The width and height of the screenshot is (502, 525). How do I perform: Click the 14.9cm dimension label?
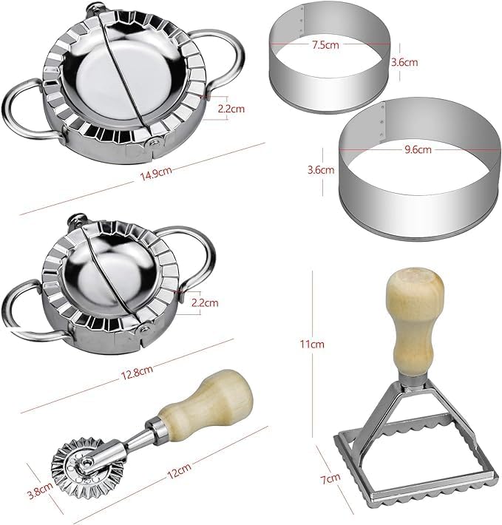pyautogui.click(x=156, y=174)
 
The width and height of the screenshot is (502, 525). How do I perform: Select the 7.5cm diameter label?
pyautogui.click(x=325, y=44)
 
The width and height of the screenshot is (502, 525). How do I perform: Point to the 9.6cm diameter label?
pyautogui.click(x=418, y=149)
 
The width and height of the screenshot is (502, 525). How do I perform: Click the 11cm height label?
pyautogui.click(x=312, y=344)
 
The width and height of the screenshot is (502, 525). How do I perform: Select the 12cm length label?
pyautogui.click(x=179, y=471)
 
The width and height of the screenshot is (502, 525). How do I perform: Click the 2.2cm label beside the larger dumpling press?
pyautogui.click(x=231, y=109)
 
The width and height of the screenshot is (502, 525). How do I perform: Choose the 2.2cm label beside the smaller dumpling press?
pyautogui.click(x=205, y=302)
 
